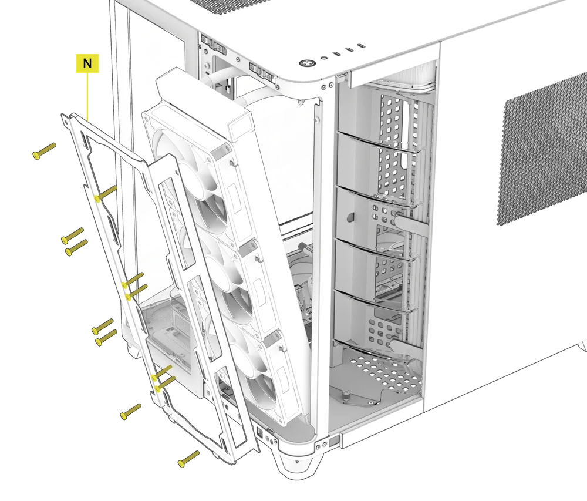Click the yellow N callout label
point(87,63)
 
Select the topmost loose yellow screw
point(44,151)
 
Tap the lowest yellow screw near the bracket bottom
point(189,459)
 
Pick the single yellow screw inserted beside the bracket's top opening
point(105,193)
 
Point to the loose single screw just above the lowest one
point(130,412)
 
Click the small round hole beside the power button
point(324,58)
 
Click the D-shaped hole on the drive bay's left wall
point(350,216)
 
